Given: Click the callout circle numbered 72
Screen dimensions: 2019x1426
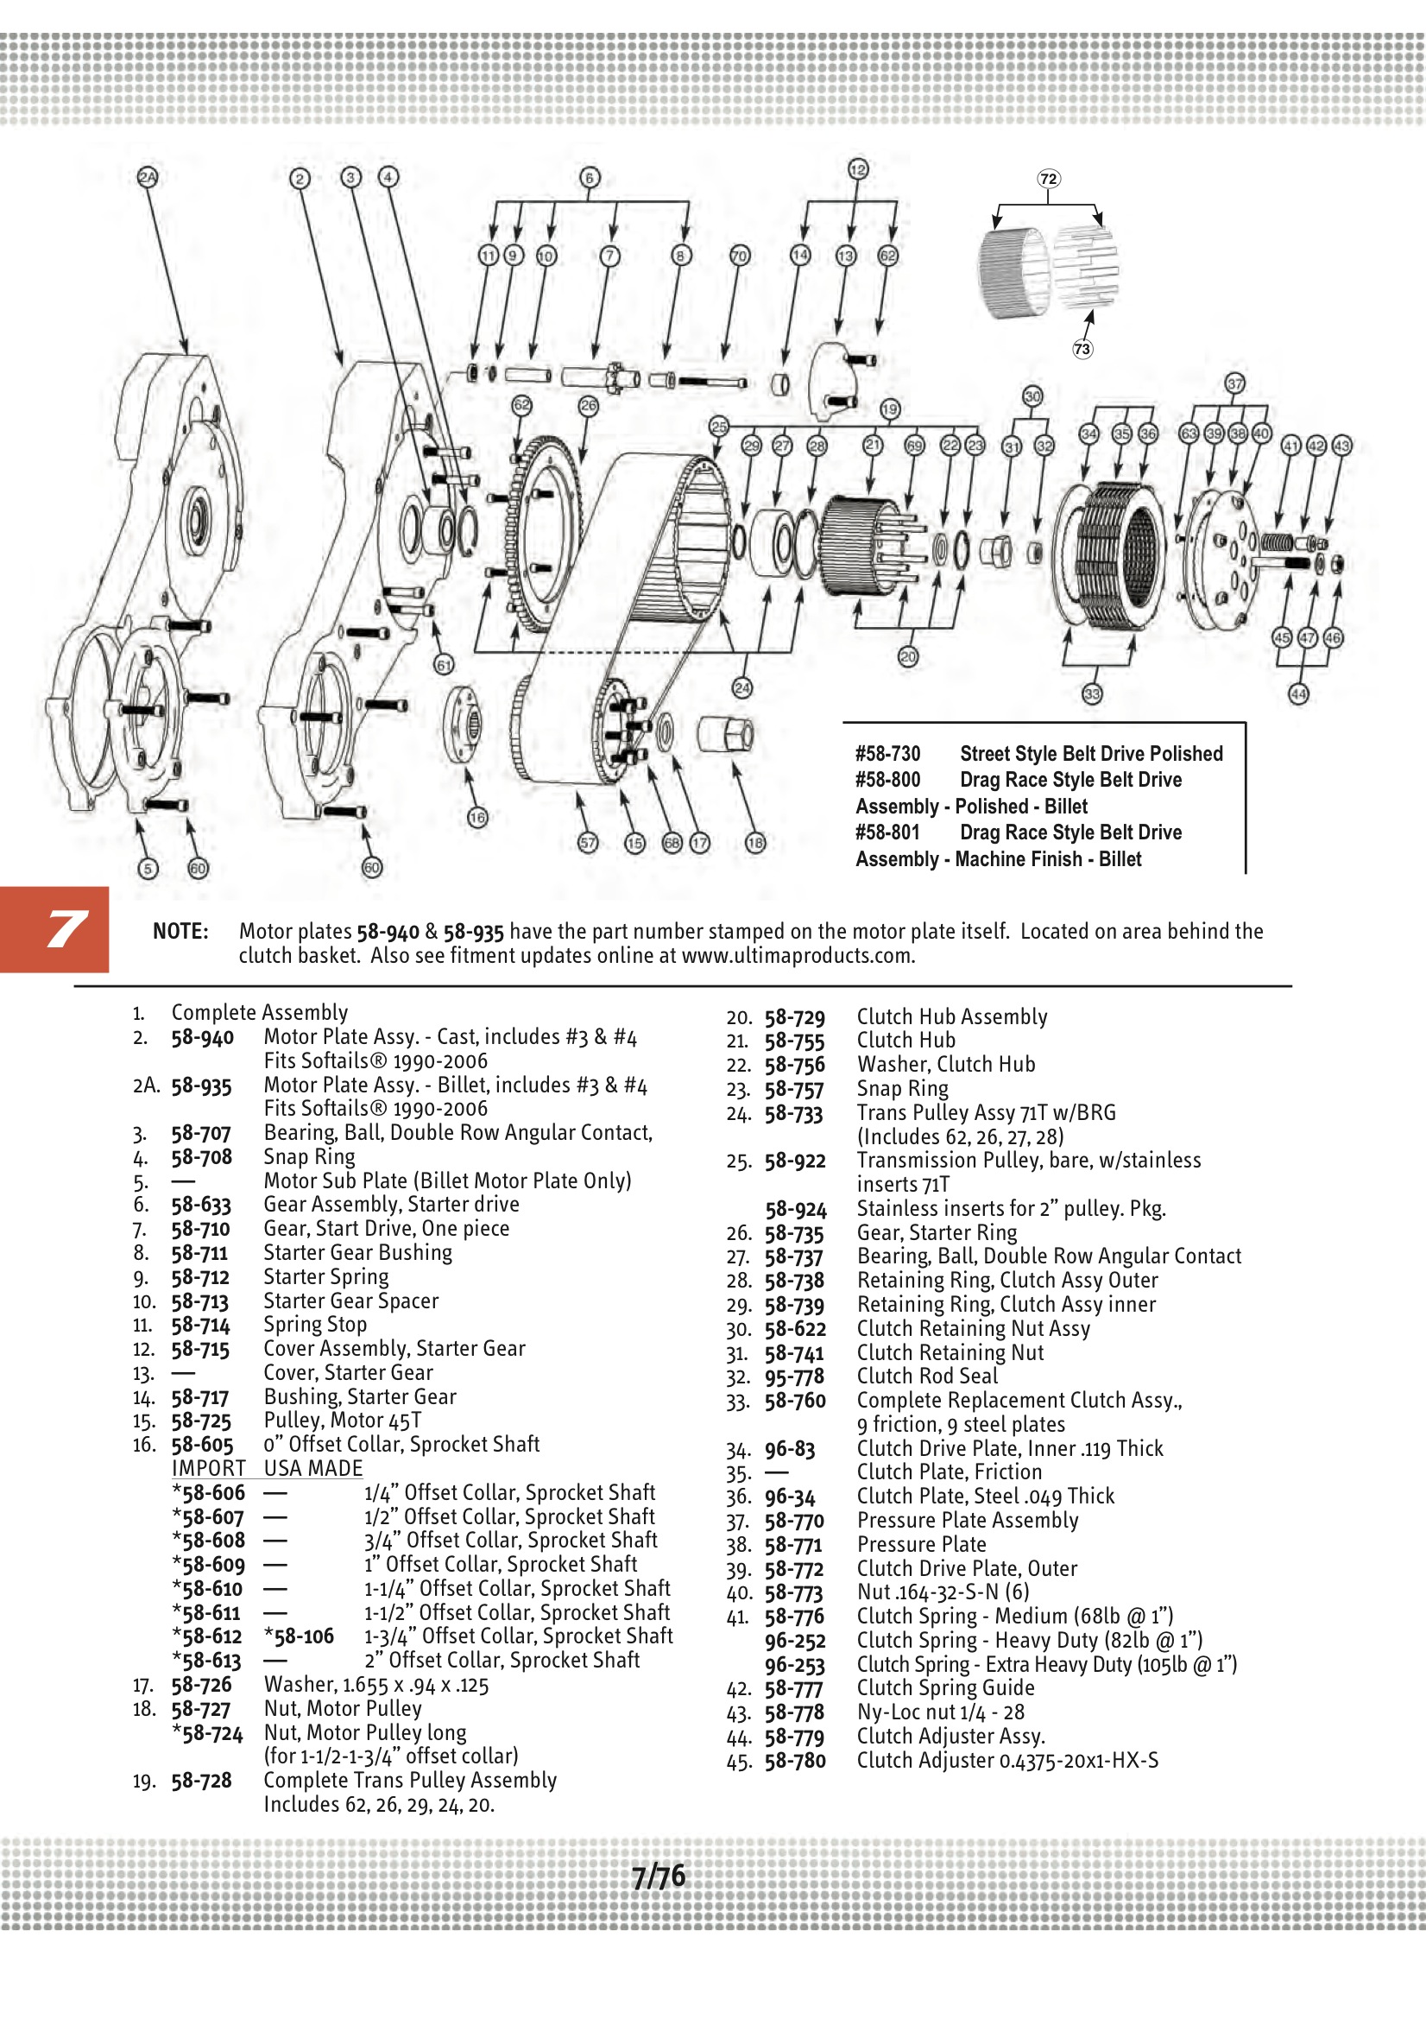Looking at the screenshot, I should pos(1048,180).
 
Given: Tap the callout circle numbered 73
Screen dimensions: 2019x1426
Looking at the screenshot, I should pos(1082,349).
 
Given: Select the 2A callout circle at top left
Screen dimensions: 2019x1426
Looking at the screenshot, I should pos(148,178).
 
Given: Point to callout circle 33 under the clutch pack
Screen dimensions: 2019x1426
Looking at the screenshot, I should pos(1091,693).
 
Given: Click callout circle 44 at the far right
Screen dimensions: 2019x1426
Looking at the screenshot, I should pos(1297,693).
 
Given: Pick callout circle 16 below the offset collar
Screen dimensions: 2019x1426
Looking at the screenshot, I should pos(476,818).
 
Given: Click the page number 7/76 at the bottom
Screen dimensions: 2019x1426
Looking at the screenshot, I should pos(659,1877).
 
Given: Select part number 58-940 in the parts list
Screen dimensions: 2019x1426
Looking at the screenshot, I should pos(202,1038).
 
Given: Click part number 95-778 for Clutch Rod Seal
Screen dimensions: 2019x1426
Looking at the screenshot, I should pos(794,1377).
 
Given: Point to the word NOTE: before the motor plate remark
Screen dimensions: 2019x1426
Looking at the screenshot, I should pos(180,931).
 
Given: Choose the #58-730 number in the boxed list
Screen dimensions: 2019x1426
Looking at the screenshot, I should pos(887,754).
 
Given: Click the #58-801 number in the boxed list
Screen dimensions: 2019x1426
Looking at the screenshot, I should pos(887,832).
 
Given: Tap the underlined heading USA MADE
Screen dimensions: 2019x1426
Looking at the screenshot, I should pos(313,1469).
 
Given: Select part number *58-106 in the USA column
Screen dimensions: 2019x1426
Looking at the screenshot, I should pos(299,1636).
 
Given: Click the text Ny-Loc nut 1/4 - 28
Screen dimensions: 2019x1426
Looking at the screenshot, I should pos(941,1712).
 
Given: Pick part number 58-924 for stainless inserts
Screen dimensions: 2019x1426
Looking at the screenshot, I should pos(796,1209).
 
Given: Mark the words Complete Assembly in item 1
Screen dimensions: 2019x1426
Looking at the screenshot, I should pos(259,1012).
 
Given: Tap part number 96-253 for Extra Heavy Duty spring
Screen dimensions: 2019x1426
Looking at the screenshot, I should pos(795,1666).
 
